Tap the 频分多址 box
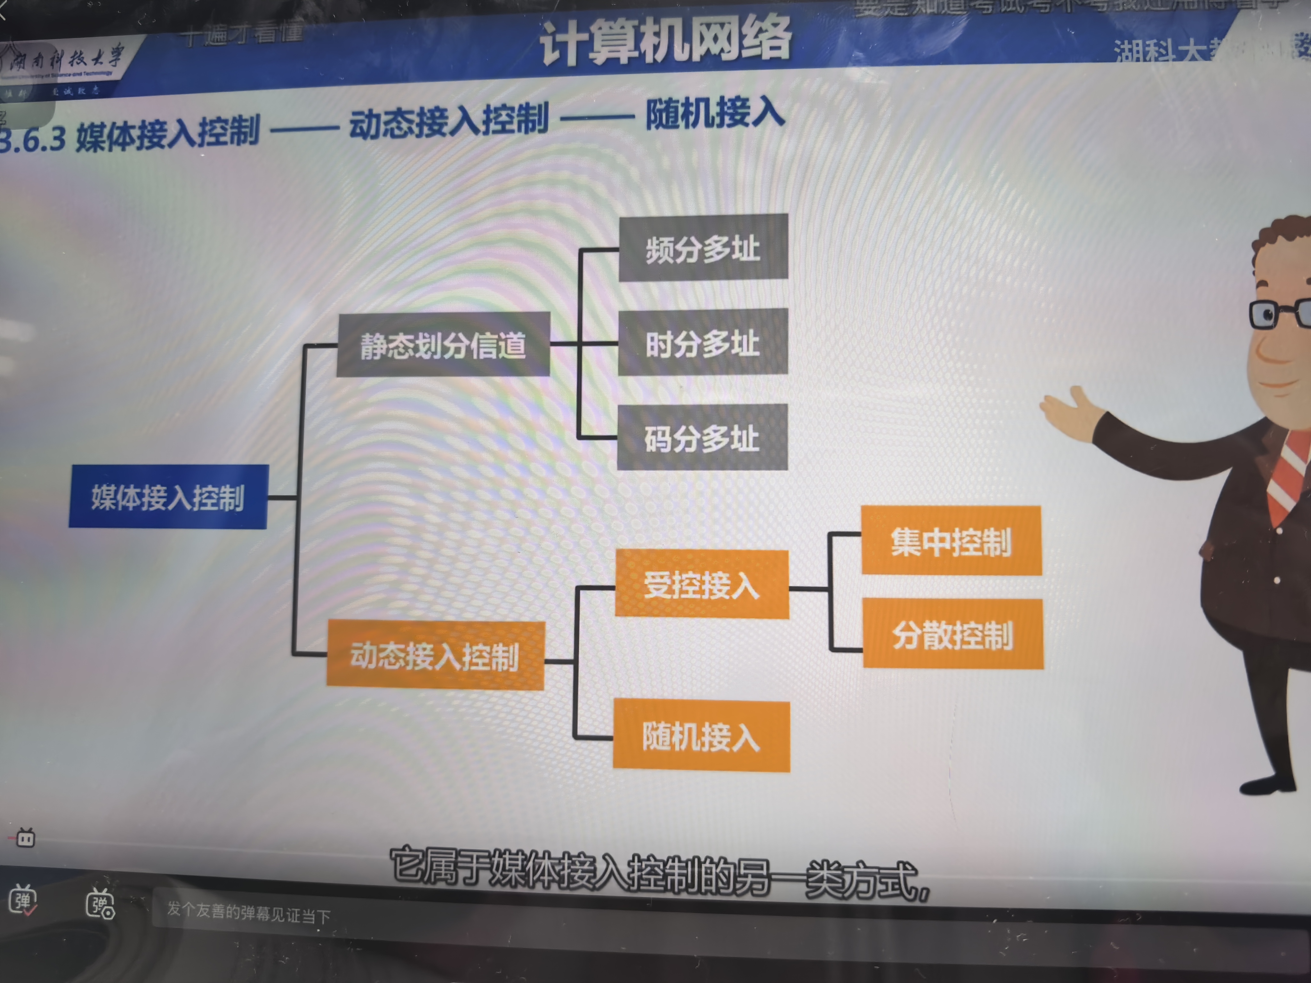(703, 248)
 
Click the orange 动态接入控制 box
(435, 655)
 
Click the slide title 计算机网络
(665, 40)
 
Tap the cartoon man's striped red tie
(1289, 474)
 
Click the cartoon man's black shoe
(1268, 785)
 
